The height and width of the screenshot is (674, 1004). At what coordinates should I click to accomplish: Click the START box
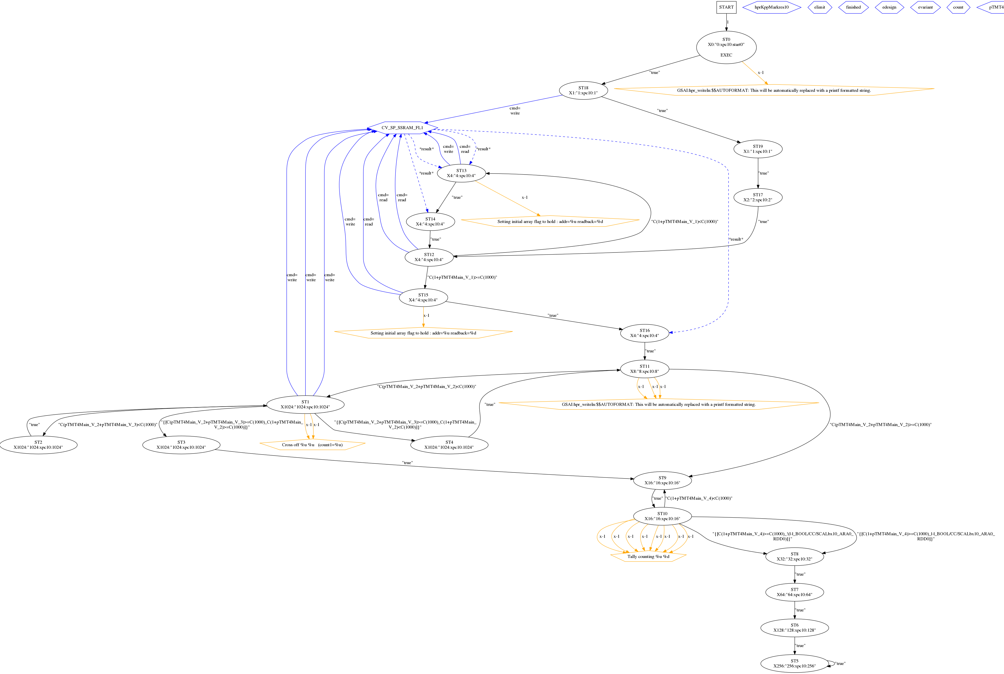coord(726,7)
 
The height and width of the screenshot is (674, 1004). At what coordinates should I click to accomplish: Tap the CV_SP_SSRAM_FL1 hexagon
coord(402,128)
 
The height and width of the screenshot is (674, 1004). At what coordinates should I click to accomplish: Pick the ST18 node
coord(583,90)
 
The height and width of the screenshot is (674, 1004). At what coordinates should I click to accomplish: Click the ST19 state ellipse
coord(758,149)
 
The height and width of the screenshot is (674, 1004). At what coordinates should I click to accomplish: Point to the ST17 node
coord(758,197)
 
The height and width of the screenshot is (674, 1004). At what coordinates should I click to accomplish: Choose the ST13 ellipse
coord(461,173)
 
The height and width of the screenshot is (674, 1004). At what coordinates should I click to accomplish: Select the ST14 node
coord(430,221)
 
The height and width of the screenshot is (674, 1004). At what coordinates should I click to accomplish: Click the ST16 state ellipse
coord(645,333)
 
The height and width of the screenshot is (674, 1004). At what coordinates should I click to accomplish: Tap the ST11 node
coord(645,369)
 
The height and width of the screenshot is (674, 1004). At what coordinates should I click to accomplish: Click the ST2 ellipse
coord(38,445)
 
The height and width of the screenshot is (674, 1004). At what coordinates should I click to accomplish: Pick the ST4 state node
coord(449,445)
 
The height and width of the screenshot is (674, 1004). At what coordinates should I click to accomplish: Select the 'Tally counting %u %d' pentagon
coord(648,557)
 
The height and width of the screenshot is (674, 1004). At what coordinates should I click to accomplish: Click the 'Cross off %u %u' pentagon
coord(312,445)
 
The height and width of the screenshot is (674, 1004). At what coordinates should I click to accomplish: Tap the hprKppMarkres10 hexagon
coord(771,7)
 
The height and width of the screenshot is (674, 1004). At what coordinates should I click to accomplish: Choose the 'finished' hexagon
coord(853,7)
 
